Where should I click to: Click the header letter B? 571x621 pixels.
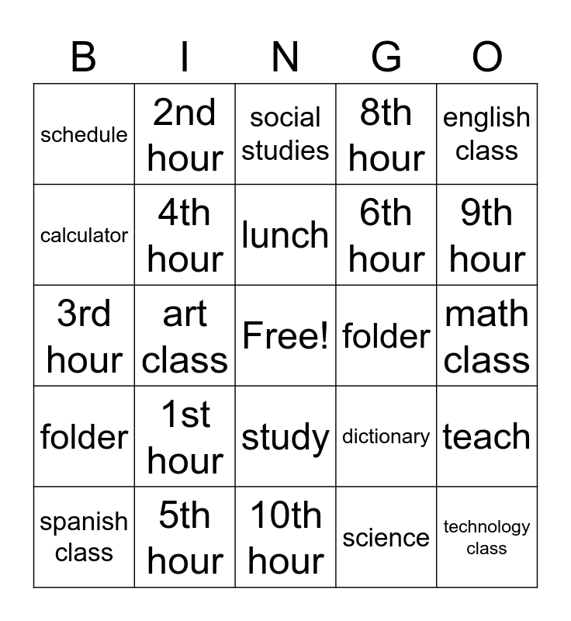[84, 57]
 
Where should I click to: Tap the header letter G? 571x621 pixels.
[386, 57]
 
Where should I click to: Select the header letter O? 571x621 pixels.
[487, 57]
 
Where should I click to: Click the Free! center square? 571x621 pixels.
[285, 336]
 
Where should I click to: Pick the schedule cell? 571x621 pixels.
[84, 134]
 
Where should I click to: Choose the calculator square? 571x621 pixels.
[84, 235]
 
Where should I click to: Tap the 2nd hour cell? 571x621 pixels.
[185, 134]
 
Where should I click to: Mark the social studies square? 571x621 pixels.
[285, 134]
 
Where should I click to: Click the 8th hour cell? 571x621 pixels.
[386, 134]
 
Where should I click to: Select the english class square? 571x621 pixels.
[487, 134]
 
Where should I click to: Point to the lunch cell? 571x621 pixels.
[285, 235]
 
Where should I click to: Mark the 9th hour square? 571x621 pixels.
[487, 235]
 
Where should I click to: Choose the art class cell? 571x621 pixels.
[185, 336]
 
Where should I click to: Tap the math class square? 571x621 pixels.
[487, 336]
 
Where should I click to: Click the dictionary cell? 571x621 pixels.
[386, 437]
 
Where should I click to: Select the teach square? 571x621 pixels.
[487, 437]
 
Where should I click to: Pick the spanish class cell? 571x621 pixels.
[84, 537]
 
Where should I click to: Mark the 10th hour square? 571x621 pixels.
[285, 537]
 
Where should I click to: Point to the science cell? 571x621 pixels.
[386, 537]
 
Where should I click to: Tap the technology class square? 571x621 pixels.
[487, 537]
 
